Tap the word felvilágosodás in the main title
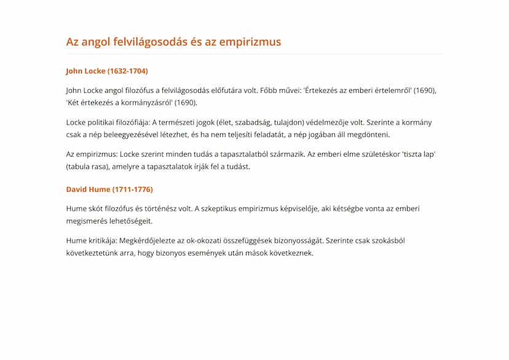[143, 42]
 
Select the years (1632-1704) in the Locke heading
[127, 71]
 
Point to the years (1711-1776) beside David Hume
[132, 189]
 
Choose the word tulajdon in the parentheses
[284, 122]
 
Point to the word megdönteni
[368, 135]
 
